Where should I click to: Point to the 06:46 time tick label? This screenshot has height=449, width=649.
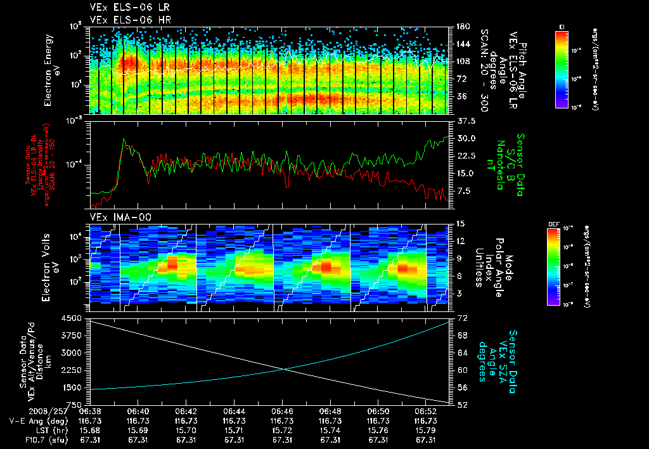282,412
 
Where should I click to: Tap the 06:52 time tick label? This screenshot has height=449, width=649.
425,412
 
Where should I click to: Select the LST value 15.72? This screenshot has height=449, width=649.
282,431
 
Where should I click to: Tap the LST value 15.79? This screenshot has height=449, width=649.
425,431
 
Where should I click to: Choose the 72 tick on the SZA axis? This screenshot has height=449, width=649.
462,316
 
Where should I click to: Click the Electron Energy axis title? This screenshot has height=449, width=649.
49,70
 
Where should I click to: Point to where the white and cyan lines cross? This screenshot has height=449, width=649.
282,370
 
